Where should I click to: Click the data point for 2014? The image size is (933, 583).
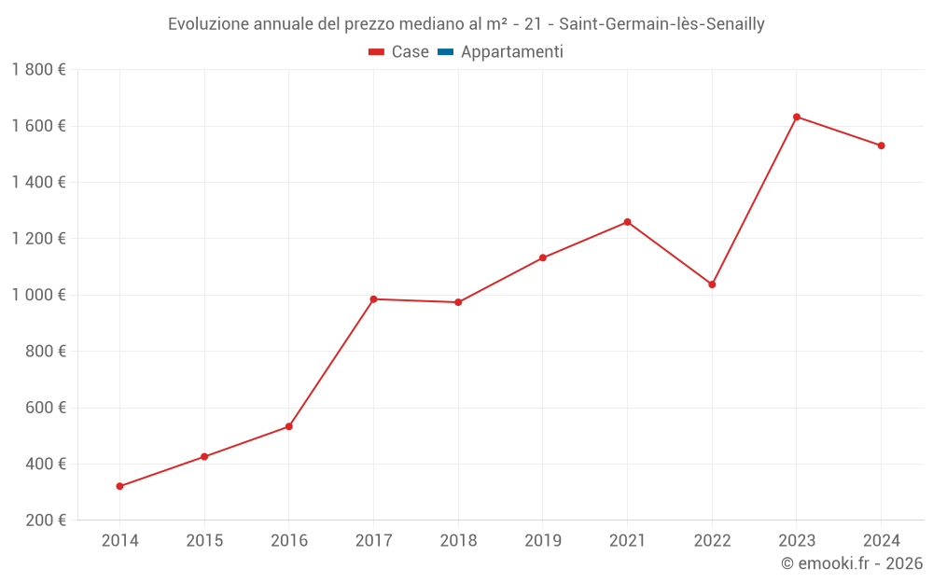click(119, 486)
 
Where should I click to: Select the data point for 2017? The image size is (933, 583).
click(373, 299)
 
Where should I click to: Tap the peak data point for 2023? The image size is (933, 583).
click(797, 117)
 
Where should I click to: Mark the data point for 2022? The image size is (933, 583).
click(712, 285)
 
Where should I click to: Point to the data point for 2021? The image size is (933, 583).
click(627, 222)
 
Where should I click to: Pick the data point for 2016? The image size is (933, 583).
click(289, 426)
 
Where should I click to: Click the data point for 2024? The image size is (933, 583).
click(881, 146)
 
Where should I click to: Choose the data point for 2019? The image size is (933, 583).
click(543, 257)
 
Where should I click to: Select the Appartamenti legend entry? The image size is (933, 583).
click(511, 52)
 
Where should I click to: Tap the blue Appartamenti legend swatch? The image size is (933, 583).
click(445, 52)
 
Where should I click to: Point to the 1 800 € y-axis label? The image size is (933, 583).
click(38, 70)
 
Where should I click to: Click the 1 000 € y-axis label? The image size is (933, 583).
click(38, 295)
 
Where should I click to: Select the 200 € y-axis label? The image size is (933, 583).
click(45, 521)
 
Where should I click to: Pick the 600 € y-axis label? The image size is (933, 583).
click(45, 408)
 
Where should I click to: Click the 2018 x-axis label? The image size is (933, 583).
click(458, 540)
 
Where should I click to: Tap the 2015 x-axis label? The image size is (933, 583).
click(204, 540)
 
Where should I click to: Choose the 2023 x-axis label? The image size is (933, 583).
click(797, 540)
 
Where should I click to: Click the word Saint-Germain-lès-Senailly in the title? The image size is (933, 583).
click(661, 24)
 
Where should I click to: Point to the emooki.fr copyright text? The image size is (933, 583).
click(852, 563)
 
